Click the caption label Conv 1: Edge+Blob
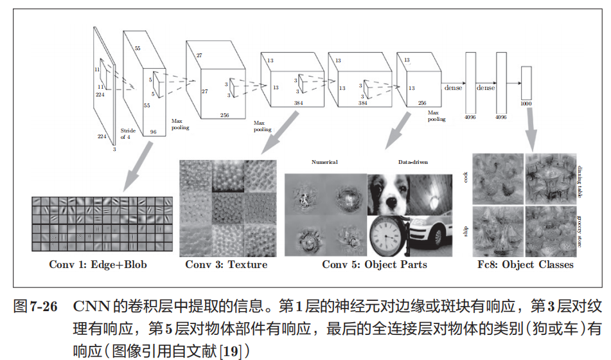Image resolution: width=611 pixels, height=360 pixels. (98, 264)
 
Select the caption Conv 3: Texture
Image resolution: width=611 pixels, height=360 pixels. (226, 264)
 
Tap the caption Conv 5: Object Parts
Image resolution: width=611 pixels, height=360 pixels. (374, 264)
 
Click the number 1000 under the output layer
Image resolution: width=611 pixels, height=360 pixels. (527, 104)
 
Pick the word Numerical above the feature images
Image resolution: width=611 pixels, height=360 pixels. (324, 163)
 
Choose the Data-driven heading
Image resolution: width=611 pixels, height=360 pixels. (412, 163)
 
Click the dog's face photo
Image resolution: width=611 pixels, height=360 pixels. (388, 195)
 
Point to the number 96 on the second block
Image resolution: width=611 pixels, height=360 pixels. (153, 132)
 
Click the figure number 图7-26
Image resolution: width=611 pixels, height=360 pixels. (36, 306)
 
